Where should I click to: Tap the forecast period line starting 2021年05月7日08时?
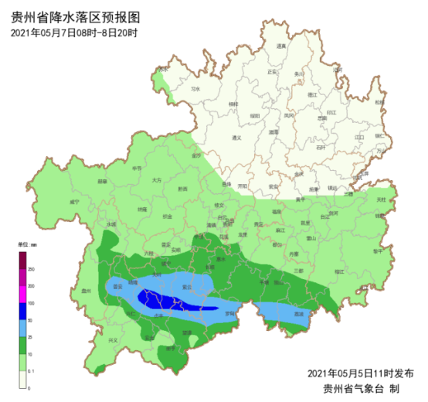[x=74, y=32]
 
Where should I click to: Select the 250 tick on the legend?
[x=32, y=268]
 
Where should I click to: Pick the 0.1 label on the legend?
[x=32, y=370]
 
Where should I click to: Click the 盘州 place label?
[x=86, y=291]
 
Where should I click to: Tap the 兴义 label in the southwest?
[x=113, y=340]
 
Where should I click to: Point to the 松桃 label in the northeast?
[x=379, y=102]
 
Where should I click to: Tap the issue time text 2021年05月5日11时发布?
[x=360, y=373]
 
